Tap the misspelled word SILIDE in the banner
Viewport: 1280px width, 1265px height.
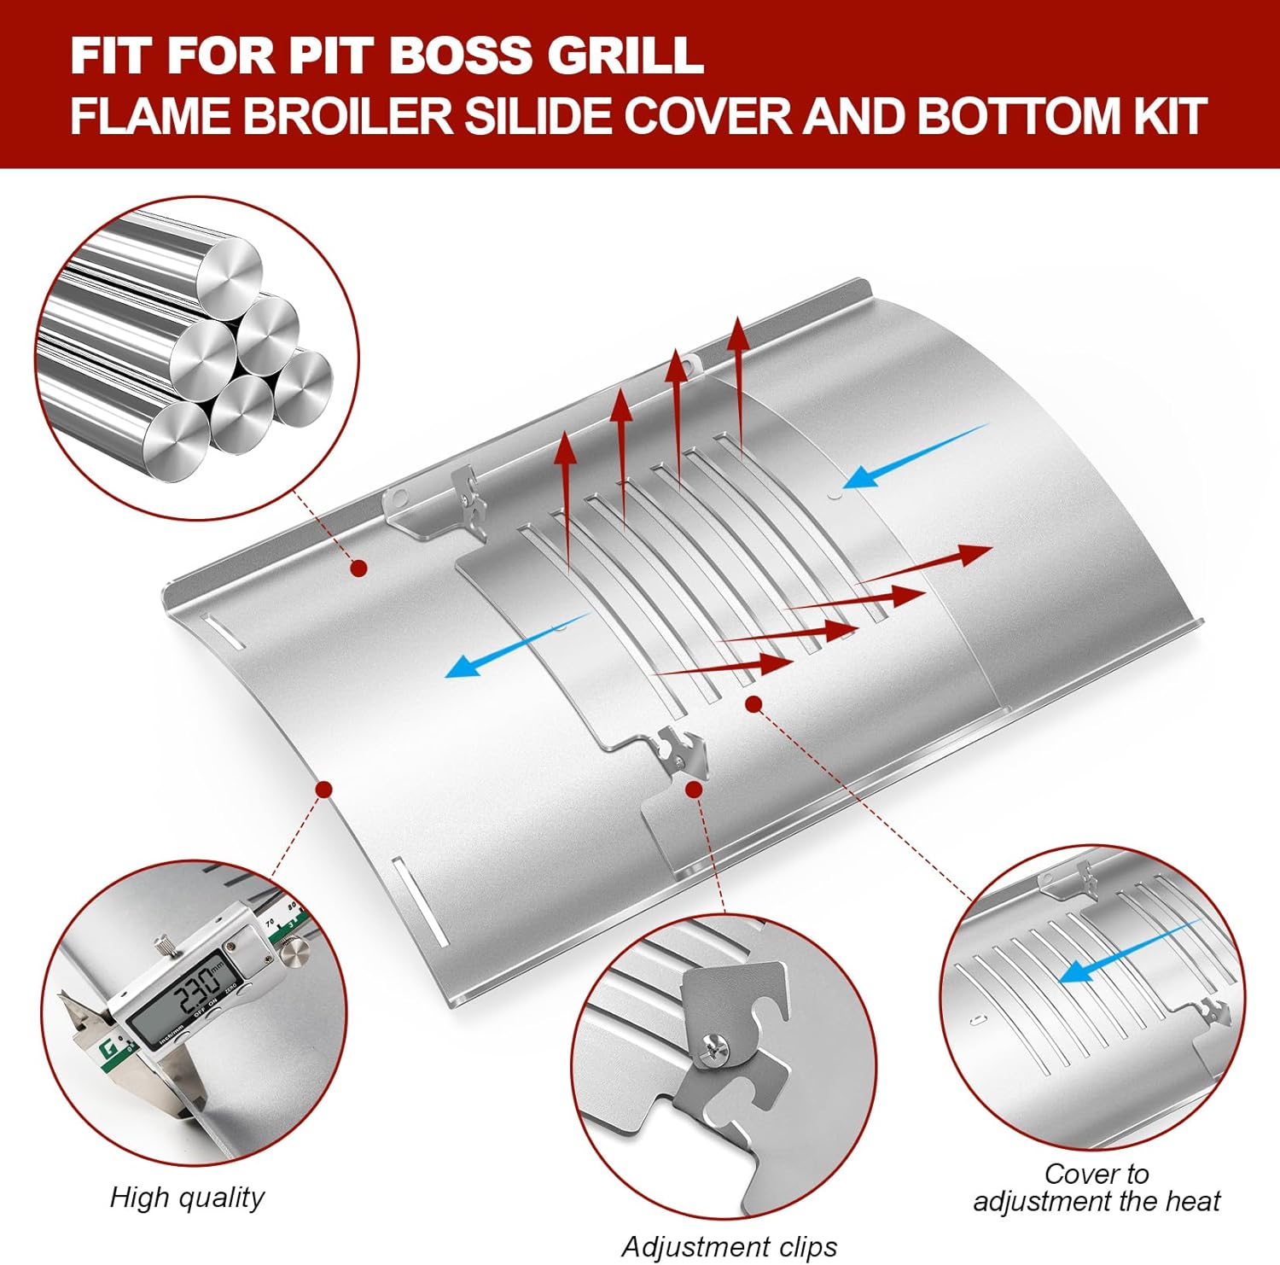click(x=540, y=115)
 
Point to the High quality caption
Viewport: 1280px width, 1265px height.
click(x=187, y=1197)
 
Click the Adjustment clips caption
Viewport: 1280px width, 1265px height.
click(x=729, y=1247)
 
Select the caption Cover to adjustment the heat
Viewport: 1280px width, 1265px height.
click(x=1097, y=1187)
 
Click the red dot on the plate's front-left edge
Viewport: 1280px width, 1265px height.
click(x=323, y=789)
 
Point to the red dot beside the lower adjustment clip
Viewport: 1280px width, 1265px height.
click(x=694, y=790)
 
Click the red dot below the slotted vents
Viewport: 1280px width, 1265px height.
click(x=753, y=703)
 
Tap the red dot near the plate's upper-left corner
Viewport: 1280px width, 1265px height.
click(x=359, y=568)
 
